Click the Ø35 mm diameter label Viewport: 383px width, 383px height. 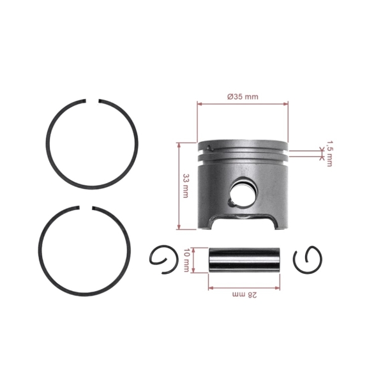point(243,96)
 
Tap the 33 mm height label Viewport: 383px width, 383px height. point(186,185)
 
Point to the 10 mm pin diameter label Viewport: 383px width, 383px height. point(186,260)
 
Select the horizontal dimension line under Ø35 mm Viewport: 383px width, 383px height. point(243,103)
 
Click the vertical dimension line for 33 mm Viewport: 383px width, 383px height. point(179,185)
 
